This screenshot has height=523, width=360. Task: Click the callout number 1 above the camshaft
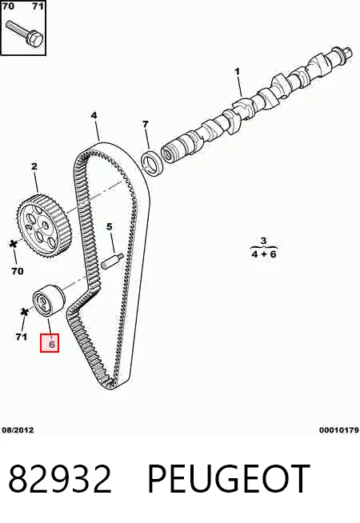click(x=237, y=71)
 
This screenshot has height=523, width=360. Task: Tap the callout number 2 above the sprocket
click(x=34, y=166)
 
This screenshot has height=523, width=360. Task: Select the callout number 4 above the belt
click(x=94, y=115)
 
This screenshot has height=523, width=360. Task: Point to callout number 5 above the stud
click(x=110, y=227)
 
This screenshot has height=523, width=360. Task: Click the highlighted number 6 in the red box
click(x=52, y=344)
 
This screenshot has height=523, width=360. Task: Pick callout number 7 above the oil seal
click(x=145, y=124)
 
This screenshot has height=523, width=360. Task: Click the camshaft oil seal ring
click(x=152, y=163)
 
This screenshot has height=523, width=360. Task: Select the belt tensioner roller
click(x=49, y=300)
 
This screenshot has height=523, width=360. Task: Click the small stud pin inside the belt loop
click(x=113, y=261)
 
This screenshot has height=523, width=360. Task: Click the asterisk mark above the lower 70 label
click(x=14, y=244)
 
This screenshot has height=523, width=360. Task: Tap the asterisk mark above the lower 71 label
click(x=23, y=312)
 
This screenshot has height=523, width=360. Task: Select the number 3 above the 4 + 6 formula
click(x=263, y=240)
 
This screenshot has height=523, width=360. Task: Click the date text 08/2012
click(x=18, y=430)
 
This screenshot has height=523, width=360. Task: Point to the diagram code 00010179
click(x=338, y=430)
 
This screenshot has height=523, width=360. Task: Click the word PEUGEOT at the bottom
click(x=229, y=479)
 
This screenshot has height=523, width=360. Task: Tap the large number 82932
click(x=60, y=479)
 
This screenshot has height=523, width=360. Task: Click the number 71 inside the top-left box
click(x=38, y=6)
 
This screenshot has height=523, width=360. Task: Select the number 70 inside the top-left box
click(x=8, y=6)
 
